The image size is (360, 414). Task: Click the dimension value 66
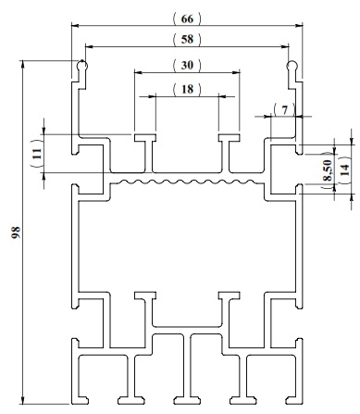point(187,19)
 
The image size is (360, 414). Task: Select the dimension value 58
point(187,39)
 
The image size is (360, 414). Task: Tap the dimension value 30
point(187,65)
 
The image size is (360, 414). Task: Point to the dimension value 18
point(187,89)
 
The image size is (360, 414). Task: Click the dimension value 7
point(284,110)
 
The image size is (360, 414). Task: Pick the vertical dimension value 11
point(37,154)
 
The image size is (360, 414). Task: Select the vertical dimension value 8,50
point(328,170)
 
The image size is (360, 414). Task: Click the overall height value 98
point(16,232)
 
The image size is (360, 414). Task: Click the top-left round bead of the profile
point(82,66)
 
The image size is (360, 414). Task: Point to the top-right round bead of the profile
point(292,66)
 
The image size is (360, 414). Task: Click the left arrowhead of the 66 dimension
point(75,26)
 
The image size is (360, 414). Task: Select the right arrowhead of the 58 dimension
point(285,46)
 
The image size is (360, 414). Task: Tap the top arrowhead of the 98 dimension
point(22,65)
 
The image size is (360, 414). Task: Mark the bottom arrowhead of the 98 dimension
point(22,400)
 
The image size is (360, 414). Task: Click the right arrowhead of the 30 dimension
point(236,73)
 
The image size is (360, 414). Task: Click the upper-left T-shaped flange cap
point(145,137)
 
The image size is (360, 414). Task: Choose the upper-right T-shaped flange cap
point(230,137)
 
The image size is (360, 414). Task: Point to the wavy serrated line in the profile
point(187,182)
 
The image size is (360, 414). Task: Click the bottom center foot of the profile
point(187,400)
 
